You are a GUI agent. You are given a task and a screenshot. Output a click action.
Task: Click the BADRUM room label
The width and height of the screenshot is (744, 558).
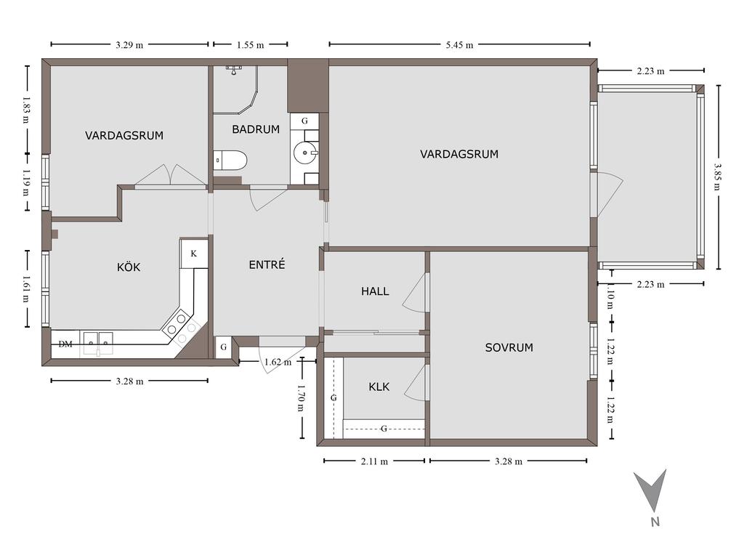pyautogui.click(x=256, y=129)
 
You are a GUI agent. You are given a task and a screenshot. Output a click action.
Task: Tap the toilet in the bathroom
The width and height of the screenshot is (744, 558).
pyautogui.click(x=230, y=161)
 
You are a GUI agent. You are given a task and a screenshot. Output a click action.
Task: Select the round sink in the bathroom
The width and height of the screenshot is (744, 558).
pyautogui.click(x=304, y=153)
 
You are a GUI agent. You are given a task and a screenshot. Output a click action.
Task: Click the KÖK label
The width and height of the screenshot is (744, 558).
pyautogui.click(x=129, y=267)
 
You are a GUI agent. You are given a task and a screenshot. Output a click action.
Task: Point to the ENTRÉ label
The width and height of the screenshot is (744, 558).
pyautogui.click(x=267, y=264)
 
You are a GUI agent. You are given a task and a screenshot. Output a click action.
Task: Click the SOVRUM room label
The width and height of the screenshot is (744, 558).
pyautogui.click(x=509, y=347)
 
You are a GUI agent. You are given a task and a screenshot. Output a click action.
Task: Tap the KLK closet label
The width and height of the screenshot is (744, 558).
pyautogui.click(x=379, y=387)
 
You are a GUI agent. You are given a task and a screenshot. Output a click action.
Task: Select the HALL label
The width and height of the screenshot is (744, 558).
pyautogui.click(x=375, y=291)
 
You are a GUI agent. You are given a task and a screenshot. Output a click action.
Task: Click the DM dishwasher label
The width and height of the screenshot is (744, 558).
pyautogui.click(x=65, y=344)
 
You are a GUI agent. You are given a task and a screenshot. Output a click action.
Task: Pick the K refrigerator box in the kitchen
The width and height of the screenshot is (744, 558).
pyautogui.click(x=193, y=254)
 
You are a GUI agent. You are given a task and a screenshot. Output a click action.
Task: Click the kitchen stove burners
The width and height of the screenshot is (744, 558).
pyautogui.click(x=181, y=328)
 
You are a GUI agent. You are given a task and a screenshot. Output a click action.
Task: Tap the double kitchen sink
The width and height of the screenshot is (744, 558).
pyautogui.click(x=98, y=343)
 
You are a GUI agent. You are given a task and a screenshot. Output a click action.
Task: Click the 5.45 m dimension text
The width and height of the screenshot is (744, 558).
pyautogui.click(x=459, y=45)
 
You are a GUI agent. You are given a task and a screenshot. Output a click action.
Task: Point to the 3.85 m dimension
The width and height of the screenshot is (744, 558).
pyautogui.click(x=717, y=177)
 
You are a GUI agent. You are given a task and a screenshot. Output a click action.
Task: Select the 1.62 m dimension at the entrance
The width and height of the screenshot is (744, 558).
pyautogui.click(x=278, y=362)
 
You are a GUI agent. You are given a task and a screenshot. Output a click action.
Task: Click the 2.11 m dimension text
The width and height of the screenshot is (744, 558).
pyautogui.click(x=374, y=461)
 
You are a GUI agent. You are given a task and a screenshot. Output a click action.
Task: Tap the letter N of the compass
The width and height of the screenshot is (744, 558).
pyautogui.click(x=655, y=522)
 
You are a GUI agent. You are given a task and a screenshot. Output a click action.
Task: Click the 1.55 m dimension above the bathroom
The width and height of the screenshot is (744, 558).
pyautogui.click(x=251, y=45)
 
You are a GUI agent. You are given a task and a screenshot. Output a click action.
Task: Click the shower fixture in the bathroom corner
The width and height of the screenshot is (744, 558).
pyautogui.click(x=233, y=70)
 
